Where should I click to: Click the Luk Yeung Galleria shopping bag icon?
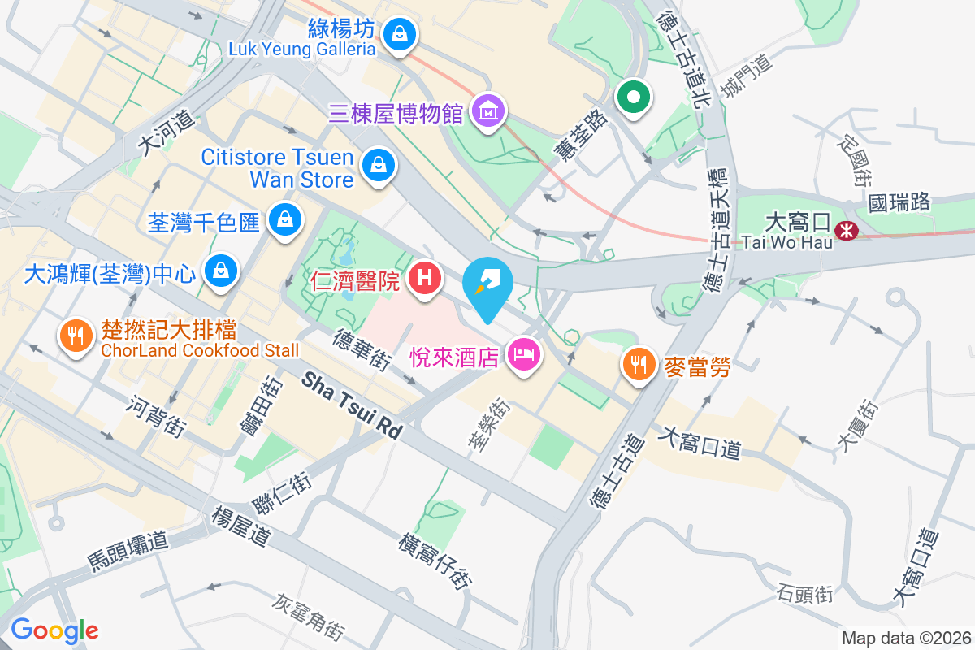tap(399, 34)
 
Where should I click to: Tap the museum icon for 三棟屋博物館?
tap(487, 111)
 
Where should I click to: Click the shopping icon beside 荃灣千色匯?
tap(285, 219)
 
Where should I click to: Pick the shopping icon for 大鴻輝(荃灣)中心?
tap(221, 271)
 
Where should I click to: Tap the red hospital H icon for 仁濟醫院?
tap(425, 279)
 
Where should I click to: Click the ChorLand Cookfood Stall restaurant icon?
tap(76, 336)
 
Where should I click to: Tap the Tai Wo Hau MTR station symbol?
tap(846, 231)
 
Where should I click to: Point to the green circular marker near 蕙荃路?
tap(635, 98)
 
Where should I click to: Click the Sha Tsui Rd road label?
tap(353, 406)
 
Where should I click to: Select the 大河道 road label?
tap(167, 132)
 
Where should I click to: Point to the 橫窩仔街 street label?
tap(435, 561)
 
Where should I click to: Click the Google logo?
tap(54, 630)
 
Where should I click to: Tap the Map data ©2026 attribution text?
tap(905, 638)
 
